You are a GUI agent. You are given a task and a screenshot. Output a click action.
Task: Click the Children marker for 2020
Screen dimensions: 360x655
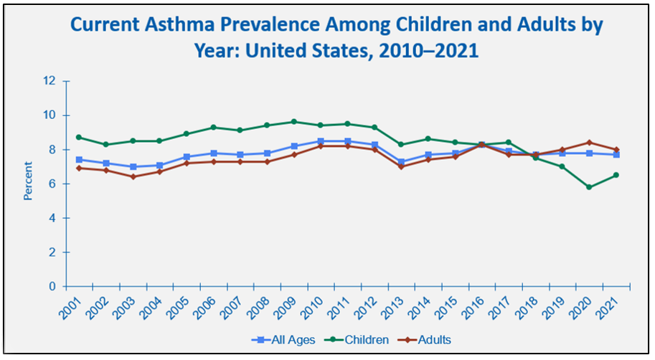coord(589,187)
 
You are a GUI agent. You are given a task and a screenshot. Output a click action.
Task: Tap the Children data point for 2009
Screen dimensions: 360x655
coord(293,122)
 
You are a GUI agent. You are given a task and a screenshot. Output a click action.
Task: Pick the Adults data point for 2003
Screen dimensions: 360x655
coord(133,176)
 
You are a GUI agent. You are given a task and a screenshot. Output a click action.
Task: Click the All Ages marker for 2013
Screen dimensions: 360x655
coord(400,162)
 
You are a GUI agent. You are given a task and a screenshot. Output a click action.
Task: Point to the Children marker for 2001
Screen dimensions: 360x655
coord(78,137)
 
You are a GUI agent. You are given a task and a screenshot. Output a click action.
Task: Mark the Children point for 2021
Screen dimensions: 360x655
coord(616,175)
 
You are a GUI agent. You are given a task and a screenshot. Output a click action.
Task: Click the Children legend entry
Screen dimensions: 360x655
coord(360,338)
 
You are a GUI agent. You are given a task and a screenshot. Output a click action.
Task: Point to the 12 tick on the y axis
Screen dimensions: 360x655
coord(50,81)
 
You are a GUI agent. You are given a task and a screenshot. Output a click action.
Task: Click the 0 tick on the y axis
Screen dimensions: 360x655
coord(52,287)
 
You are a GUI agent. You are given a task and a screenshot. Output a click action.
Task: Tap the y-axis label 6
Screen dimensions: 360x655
coord(52,184)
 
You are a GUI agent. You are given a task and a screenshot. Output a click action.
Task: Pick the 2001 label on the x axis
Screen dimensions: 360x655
coord(70,307)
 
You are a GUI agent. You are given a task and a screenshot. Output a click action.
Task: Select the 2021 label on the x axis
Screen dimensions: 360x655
coord(608,307)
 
